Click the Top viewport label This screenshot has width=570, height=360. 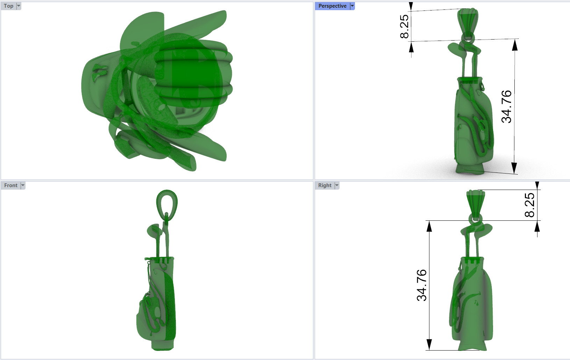8,6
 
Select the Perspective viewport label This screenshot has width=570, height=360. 332,6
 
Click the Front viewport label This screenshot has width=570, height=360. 10,185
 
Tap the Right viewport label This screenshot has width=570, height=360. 325,185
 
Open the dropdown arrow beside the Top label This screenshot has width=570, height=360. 19,6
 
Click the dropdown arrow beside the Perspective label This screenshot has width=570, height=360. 352,6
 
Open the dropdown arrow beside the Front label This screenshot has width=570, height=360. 23,185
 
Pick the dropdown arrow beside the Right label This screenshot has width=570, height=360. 337,185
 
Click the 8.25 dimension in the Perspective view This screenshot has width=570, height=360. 404,26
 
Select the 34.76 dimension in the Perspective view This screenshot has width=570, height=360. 506,106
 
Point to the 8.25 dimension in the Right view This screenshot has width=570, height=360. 529,205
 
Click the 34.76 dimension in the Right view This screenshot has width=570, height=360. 422,285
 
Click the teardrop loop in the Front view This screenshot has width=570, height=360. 167,203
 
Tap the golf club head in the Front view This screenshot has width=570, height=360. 154,231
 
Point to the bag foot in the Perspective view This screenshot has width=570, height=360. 470,169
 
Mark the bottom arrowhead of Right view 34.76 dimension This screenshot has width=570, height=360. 429,344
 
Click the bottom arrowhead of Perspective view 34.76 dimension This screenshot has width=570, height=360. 514,168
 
